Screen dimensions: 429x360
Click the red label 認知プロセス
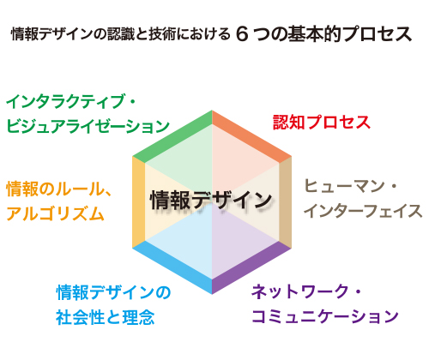click(x=322, y=123)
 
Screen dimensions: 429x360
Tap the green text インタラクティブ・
click(x=70, y=102)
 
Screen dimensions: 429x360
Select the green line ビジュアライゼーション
click(x=88, y=126)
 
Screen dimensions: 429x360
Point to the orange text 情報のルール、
click(x=59, y=189)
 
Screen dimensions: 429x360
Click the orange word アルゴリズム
click(x=55, y=213)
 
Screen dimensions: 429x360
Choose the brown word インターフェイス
click(x=363, y=211)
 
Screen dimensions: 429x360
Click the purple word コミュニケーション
click(x=325, y=316)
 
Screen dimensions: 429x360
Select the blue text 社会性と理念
click(x=106, y=317)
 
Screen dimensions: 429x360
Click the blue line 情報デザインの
click(x=113, y=292)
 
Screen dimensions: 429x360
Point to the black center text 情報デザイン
click(x=211, y=200)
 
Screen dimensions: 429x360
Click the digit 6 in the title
click(x=242, y=34)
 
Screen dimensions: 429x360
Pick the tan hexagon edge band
click(x=285, y=202)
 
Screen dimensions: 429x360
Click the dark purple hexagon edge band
click(x=251, y=267)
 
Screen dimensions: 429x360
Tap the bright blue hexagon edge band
click(x=172, y=267)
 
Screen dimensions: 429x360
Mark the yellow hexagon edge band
click(x=139, y=202)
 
